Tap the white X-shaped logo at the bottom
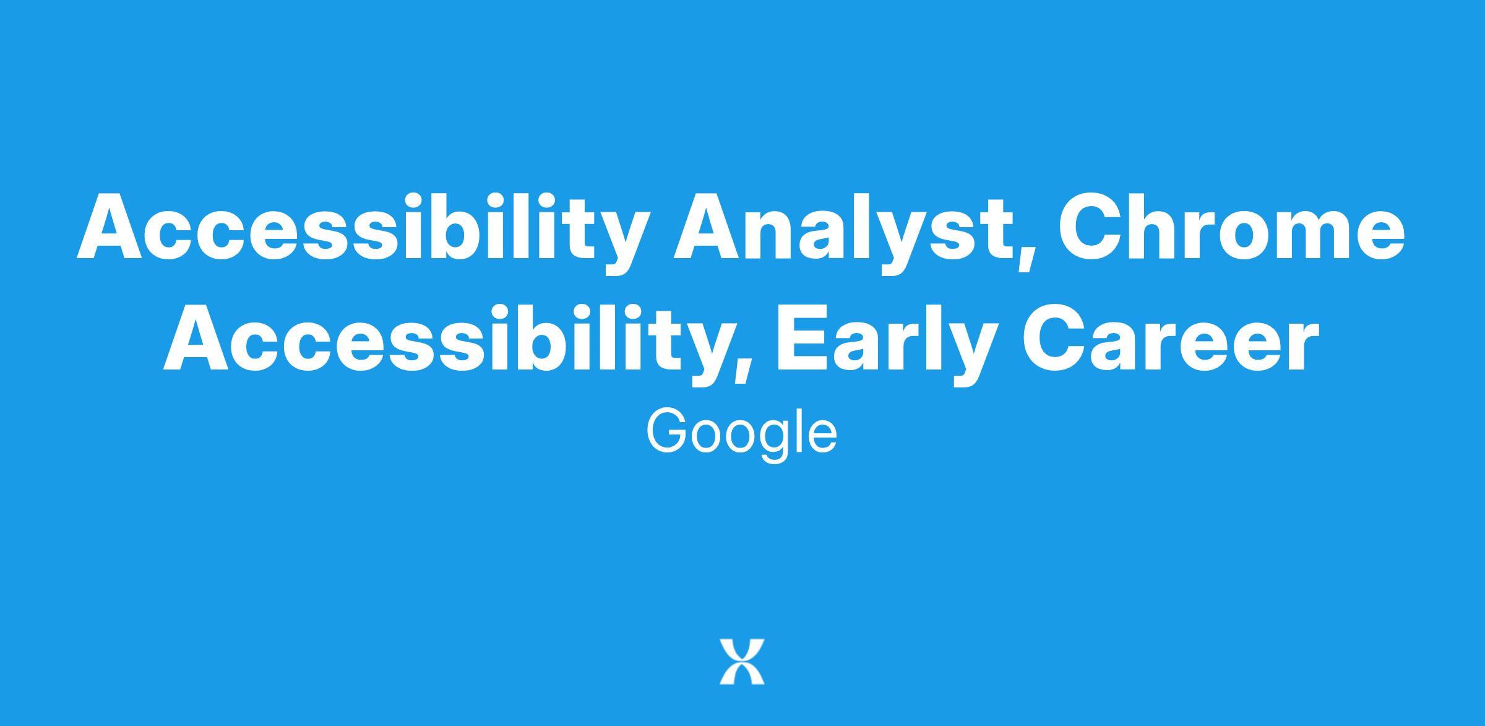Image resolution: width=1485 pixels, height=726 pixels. click(x=742, y=662)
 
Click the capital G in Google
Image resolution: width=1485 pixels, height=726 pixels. click(x=668, y=431)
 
